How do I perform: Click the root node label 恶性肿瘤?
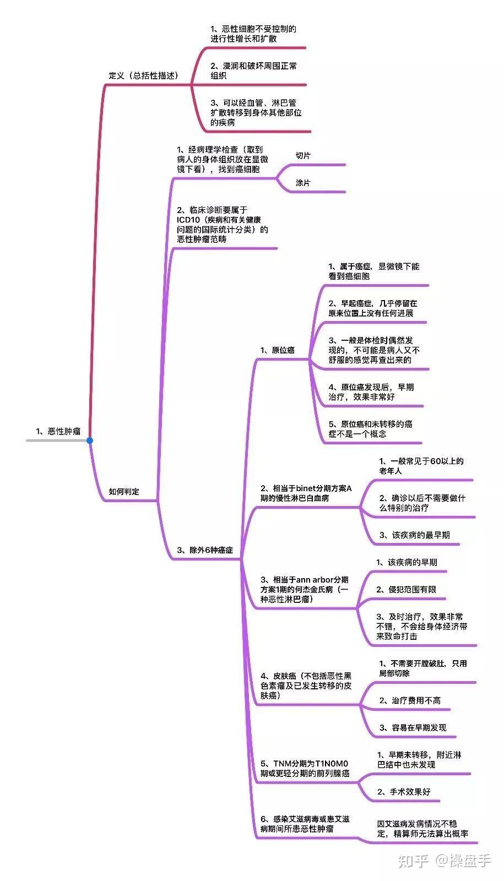coord(58,431)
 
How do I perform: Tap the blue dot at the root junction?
coord(90,440)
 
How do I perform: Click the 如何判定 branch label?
coord(124,492)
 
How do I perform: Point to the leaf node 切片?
coord(303,156)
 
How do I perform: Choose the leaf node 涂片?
coord(303,183)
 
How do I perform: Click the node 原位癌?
coord(278,350)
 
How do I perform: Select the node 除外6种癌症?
coord(205,550)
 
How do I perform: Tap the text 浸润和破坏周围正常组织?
coord(253,70)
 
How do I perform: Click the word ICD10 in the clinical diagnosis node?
coord(188,220)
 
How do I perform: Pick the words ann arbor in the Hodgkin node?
coord(315,579)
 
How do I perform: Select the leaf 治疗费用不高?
coord(410,700)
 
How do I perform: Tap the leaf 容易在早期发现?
coord(413,727)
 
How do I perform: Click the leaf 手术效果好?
coord(404,792)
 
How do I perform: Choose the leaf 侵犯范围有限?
coord(406,589)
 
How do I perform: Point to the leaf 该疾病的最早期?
coord(414,535)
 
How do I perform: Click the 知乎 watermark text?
coord(413,860)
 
